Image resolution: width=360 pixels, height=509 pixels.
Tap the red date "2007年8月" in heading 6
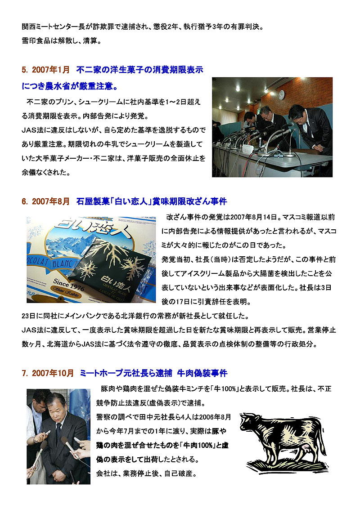(x=51, y=201)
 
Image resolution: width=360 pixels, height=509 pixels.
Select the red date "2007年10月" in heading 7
(x=53, y=373)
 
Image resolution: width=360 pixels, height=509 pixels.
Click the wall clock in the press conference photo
(x=281, y=94)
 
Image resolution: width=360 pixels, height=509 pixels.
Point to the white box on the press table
(x=248, y=149)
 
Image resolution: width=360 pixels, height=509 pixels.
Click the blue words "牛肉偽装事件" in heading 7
(x=202, y=373)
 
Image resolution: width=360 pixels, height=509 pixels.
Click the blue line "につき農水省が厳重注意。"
(x=70, y=86)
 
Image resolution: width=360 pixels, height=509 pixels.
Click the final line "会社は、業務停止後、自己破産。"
(x=147, y=473)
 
